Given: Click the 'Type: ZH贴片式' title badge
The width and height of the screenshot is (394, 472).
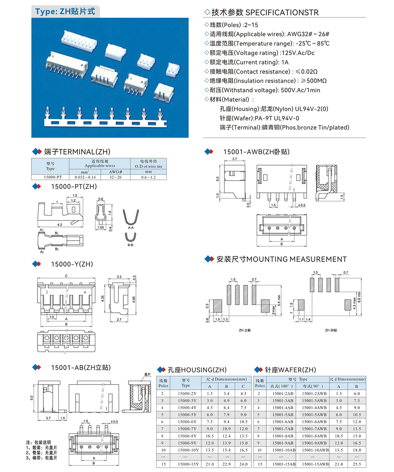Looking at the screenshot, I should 65,11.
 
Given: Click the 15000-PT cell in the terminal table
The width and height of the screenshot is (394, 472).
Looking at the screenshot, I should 50,177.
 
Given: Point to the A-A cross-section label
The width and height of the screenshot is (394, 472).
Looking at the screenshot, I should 132,227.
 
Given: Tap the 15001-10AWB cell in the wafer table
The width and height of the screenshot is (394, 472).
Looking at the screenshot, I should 315,450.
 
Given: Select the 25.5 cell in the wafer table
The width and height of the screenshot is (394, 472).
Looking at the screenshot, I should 357,464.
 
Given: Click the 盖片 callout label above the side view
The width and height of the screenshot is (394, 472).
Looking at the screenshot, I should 147,375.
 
